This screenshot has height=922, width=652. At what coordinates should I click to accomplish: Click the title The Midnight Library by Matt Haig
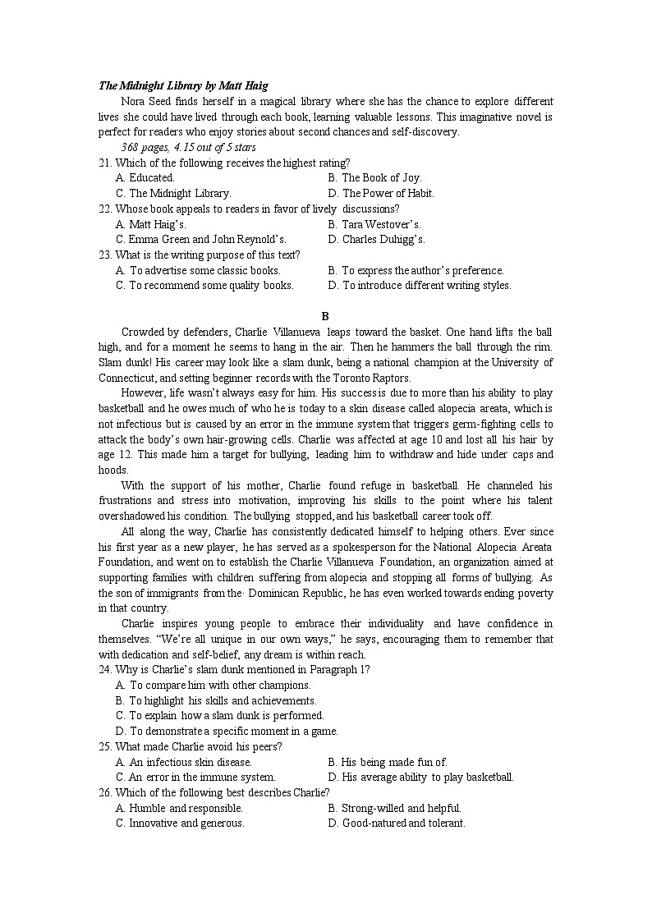click(183, 85)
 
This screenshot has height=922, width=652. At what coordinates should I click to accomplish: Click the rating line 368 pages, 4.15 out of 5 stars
click(188, 148)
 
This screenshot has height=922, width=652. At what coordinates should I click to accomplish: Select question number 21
click(105, 163)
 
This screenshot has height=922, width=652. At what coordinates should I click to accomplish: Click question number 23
click(105, 255)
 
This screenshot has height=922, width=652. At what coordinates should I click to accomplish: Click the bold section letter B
click(325, 316)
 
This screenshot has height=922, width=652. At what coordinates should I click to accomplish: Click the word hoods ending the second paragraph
click(112, 470)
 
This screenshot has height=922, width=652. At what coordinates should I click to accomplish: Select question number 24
click(105, 670)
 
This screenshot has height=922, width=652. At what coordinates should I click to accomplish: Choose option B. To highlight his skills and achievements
click(216, 701)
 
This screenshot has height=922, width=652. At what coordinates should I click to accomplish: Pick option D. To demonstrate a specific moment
click(227, 732)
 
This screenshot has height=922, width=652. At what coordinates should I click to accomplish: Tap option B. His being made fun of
click(387, 763)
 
